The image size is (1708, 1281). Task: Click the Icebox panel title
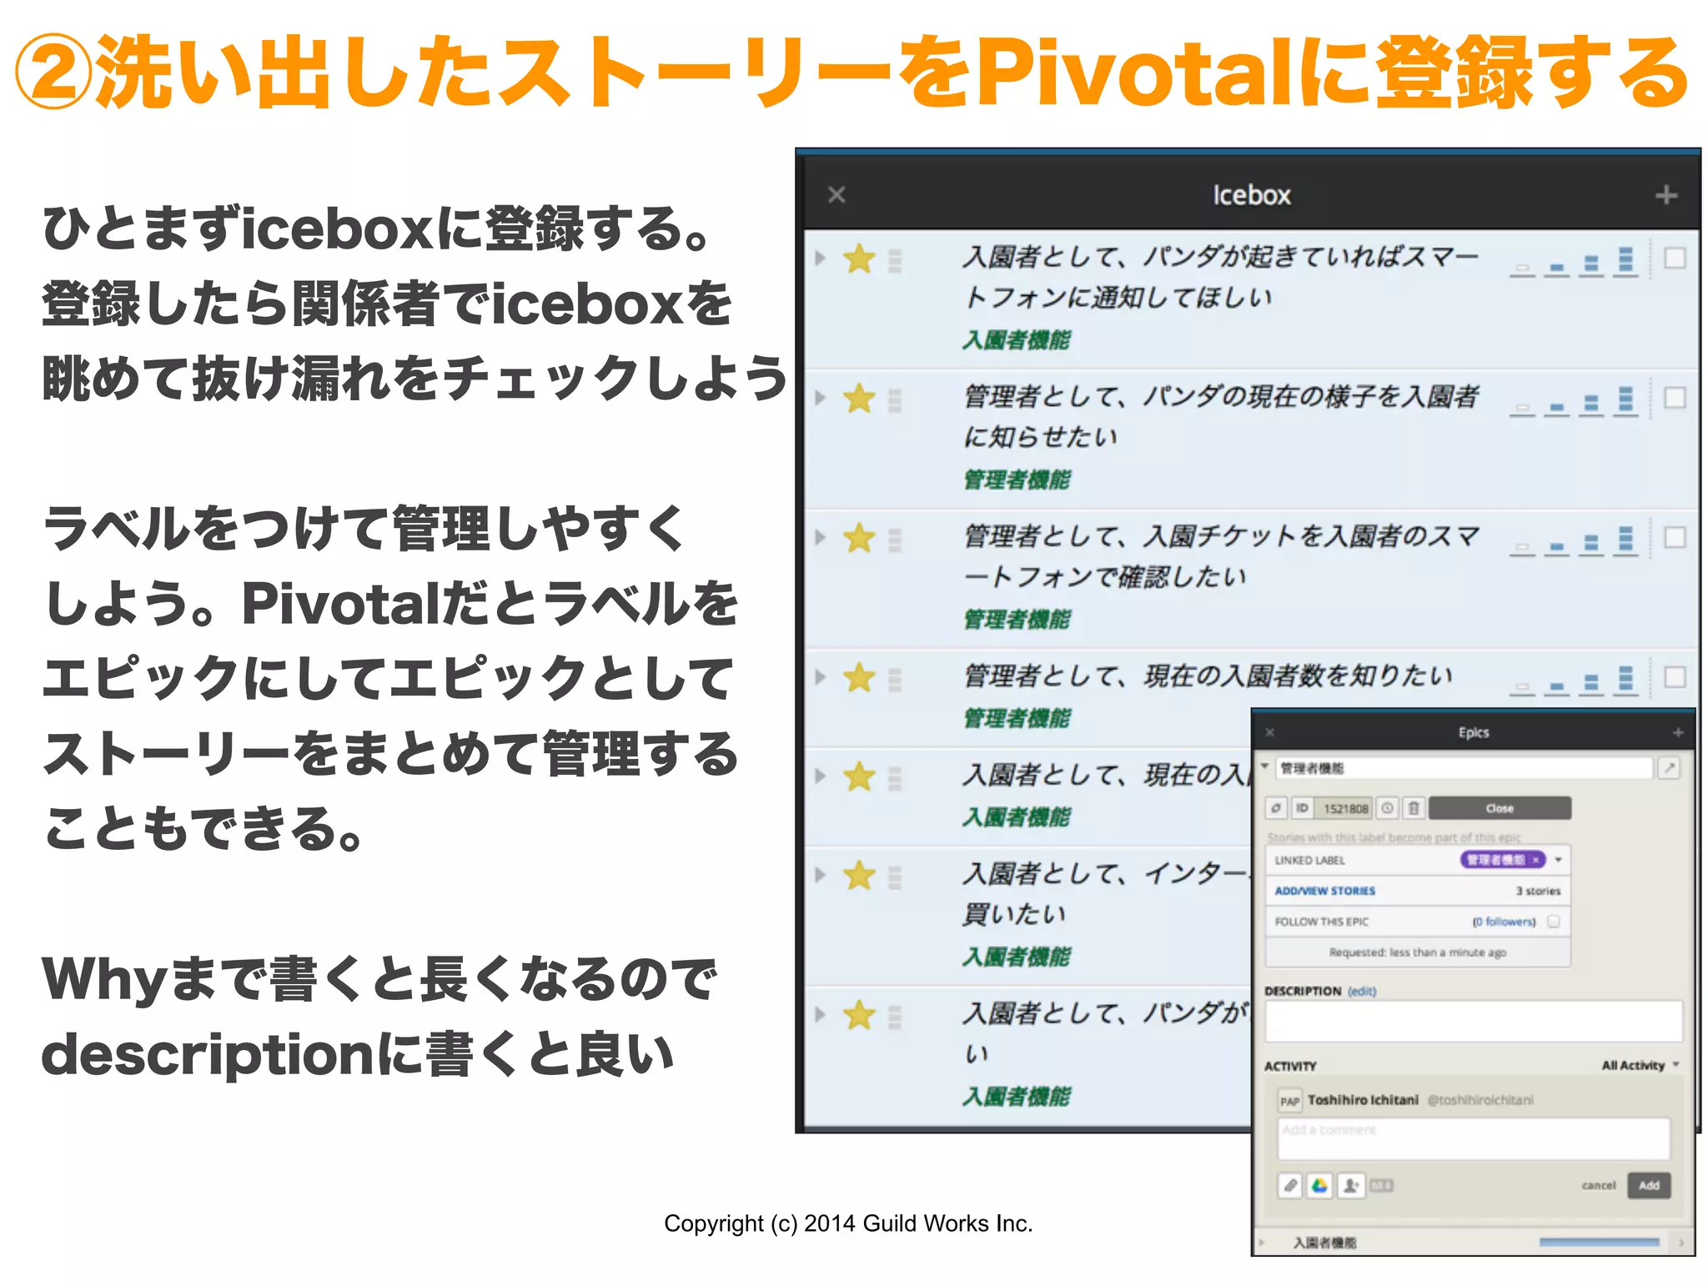pos(1251,195)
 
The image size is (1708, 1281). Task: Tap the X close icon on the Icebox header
pos(836,195)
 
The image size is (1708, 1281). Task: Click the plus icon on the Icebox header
pos(1665,195)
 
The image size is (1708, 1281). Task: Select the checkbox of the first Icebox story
pos(1675,259)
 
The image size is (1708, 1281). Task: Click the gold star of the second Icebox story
pos(859,399)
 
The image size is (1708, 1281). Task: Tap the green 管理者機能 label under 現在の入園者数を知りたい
pos(1017,718)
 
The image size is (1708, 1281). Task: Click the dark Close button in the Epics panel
pos(1500,808)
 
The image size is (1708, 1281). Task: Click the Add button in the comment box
pos(1649,1185)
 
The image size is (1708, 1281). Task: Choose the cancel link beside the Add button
pos(1598,1185)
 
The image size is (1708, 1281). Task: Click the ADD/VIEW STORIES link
pos(1325,891)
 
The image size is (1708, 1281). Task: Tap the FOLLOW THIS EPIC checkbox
pos(1554,922)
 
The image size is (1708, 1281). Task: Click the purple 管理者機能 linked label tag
pos(1496,860)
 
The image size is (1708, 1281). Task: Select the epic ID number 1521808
pos(1346,808)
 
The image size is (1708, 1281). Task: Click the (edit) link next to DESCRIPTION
pos(1362,991)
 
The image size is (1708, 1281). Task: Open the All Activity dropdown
pos(1640,1065)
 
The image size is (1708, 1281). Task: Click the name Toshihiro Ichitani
pos(1363,1100)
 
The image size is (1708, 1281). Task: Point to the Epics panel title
pos(1474,732)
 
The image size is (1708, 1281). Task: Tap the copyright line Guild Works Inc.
pos(947,1223)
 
